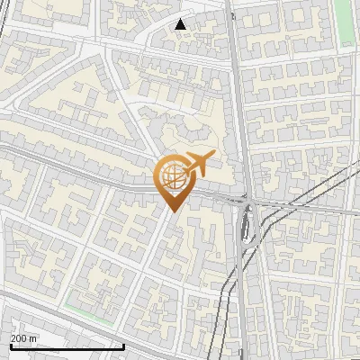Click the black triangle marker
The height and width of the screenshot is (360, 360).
(181, 24)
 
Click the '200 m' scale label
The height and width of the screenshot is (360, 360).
(23, 338)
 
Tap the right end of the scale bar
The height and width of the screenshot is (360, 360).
(123, 346)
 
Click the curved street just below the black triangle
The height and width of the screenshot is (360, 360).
(180, 40)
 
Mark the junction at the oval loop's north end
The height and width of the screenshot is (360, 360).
(246, 203)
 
